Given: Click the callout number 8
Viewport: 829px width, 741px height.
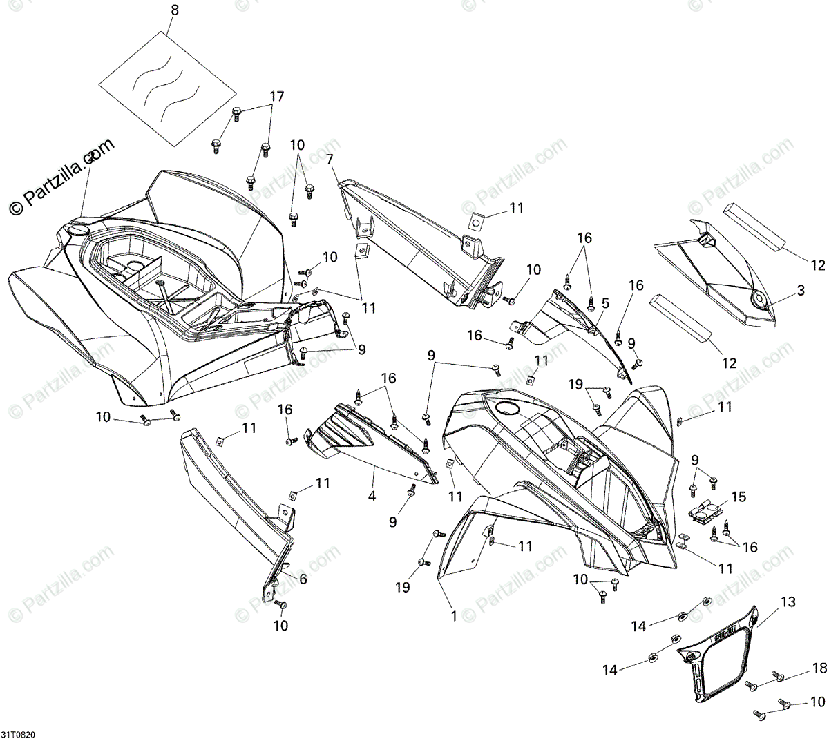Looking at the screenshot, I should click(174, 10).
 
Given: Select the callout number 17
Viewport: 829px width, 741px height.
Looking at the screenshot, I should click(276, 97).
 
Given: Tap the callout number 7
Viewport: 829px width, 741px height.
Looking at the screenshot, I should click(330, 160).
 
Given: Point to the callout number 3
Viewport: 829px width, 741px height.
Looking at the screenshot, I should click(801, 291).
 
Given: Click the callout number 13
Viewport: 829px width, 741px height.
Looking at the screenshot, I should click(605, 302).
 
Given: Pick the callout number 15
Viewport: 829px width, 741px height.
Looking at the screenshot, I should click(739, 496).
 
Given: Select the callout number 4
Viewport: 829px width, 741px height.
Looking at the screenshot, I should click(372, 496).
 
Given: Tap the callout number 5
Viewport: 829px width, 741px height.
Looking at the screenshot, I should click(605, 302).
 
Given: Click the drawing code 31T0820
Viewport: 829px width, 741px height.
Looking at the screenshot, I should click(19, 733).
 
